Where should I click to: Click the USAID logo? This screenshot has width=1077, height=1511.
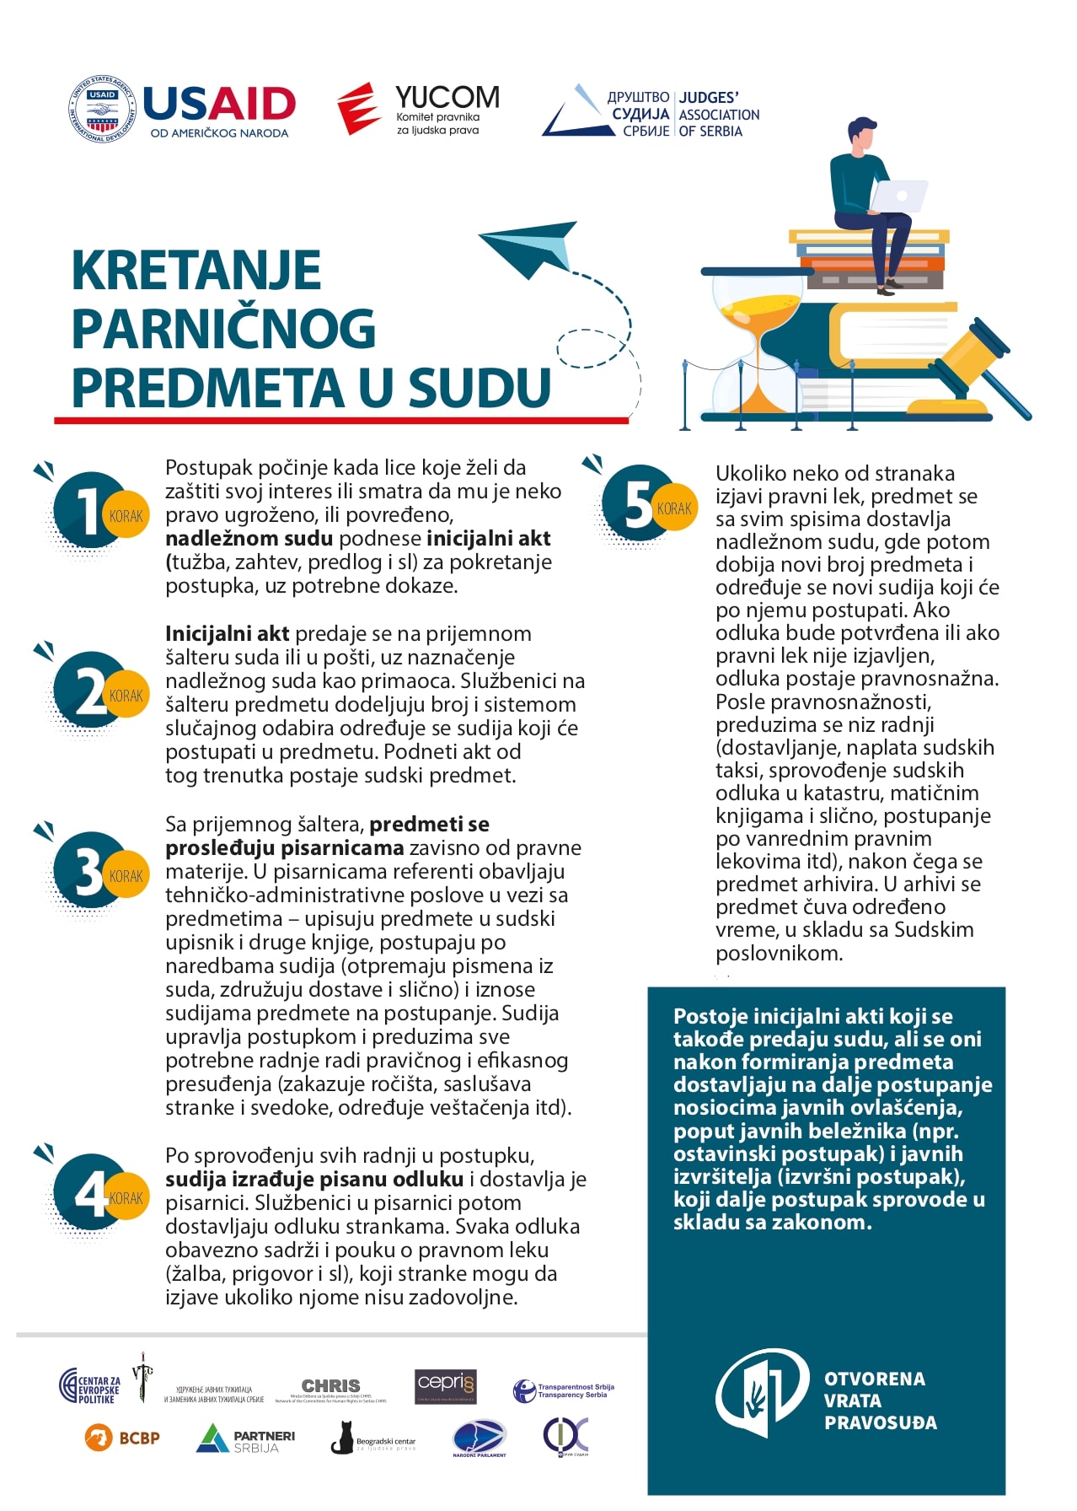pos(182,109)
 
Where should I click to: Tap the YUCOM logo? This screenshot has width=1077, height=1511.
pos(419,109)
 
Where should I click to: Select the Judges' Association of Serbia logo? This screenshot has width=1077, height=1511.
pos(651,113)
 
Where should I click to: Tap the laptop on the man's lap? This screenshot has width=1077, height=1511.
pos(898,196)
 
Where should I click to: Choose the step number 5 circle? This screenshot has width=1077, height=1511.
pos(640,503)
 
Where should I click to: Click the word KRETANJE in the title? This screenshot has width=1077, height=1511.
pos(196,271)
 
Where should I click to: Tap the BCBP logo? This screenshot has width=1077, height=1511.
pos(122,1438)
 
